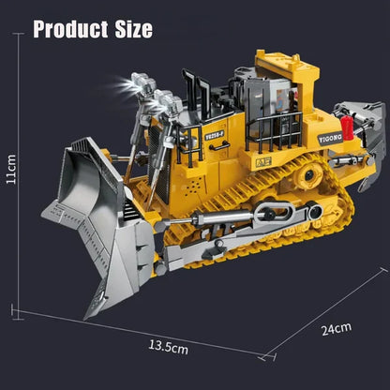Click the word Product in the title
pyautogui.click(x=77, y=28)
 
